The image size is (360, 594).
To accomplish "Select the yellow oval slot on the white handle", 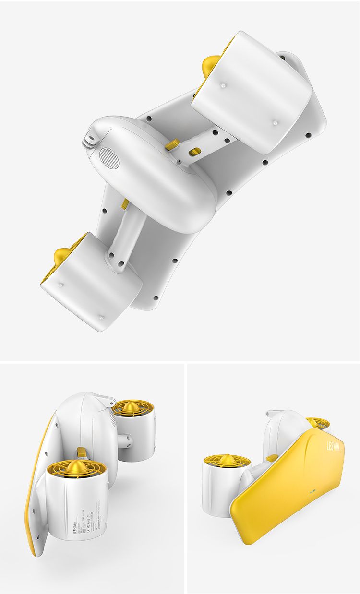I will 194,152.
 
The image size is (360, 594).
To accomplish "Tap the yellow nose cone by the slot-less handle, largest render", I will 61,256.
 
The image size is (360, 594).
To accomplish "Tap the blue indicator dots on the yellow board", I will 312,491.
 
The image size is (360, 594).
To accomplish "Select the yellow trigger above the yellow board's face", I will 273,458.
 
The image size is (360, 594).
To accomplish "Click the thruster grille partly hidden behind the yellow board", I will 318,423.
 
